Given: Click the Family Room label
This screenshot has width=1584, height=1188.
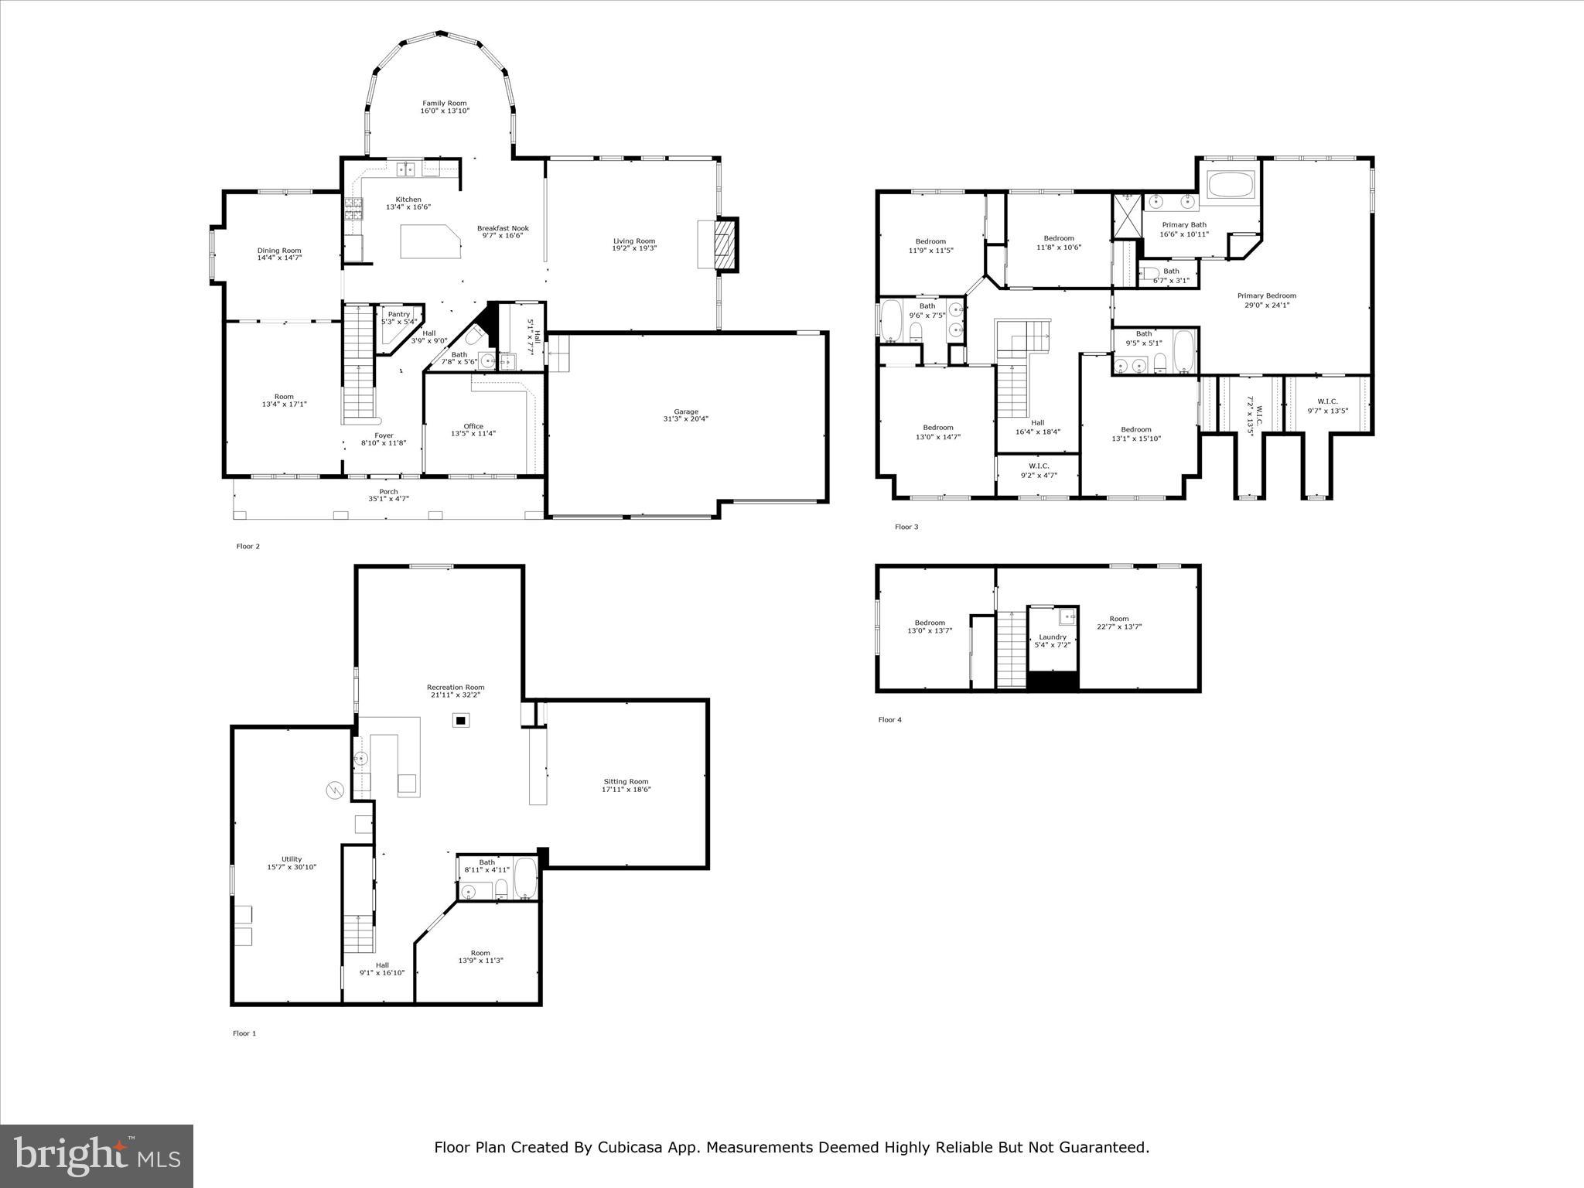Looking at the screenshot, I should coord(445,103).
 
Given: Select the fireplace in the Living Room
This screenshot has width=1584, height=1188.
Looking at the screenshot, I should coord(725,244).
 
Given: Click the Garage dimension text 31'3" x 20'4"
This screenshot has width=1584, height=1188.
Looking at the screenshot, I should coord(685,419).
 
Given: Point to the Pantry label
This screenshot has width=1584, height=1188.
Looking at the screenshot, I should coord(399,314).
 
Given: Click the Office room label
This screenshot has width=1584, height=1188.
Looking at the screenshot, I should coord(473,426).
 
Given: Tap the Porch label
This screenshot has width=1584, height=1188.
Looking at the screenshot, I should coord(388,491).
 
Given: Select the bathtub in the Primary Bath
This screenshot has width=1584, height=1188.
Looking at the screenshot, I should coord(1230,186).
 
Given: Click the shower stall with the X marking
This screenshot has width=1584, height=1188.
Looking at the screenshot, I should coord(1127,214).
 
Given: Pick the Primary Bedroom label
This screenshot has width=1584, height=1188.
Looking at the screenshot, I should coord(1266,295).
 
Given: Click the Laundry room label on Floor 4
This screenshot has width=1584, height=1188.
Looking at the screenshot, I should coord(1053,637).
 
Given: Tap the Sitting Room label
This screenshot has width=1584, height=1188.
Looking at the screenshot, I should coord(626,781).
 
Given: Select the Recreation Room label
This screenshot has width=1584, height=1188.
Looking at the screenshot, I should coord(456,687).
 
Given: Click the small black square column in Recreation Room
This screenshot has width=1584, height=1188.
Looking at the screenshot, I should coord(461,720).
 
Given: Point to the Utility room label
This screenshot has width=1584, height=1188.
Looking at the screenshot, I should coord(292,859).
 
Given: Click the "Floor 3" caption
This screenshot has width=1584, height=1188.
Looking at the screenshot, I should coord(906,527).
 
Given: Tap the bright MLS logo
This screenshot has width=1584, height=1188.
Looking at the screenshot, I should coord(97,1155).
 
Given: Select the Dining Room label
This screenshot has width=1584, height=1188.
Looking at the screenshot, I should coord(279,251).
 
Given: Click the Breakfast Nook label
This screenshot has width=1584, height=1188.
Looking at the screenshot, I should coord(503,228).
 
